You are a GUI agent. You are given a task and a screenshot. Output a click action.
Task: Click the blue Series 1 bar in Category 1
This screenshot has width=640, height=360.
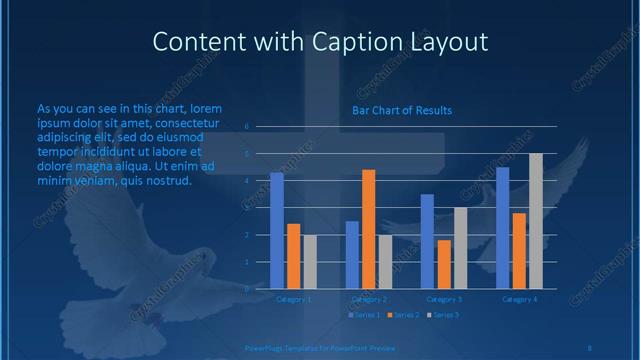click(277, 230)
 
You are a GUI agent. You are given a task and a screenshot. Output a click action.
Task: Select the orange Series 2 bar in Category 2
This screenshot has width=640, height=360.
click(369, 229)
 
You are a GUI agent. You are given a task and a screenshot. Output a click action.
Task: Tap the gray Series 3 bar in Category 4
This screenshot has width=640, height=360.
click(536, 221)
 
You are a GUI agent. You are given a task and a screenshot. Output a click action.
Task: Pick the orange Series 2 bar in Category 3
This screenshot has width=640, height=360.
click(444, 264)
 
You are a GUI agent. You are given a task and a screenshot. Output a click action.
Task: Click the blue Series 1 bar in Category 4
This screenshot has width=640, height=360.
click(503, 228)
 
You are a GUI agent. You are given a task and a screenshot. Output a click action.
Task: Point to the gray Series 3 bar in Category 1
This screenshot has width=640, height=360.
click(310, 261)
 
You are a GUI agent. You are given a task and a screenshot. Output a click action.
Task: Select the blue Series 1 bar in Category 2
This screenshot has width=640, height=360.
click(352, 255)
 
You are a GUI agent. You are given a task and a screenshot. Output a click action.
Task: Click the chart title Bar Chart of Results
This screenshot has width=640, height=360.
click(402, 110)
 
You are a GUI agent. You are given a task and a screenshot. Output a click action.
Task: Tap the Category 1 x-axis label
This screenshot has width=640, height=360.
click(294, 299)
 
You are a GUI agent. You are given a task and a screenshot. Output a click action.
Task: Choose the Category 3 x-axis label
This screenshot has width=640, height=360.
click(444, 299)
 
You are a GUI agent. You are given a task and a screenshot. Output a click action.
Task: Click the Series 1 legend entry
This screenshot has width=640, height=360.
click(364, 315)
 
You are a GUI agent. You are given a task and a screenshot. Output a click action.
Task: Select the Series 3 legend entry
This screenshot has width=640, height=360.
click(443, 315)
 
